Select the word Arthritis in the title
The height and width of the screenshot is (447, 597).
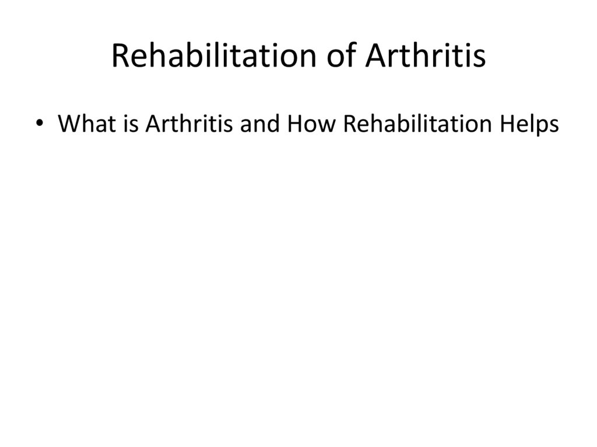coord(426,57)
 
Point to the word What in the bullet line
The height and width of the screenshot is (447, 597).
coord(83,124)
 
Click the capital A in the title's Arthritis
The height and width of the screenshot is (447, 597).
coord(374,57)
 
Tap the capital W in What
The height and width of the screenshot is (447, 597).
coord(69,124)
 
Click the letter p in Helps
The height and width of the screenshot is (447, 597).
coord(542,126)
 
